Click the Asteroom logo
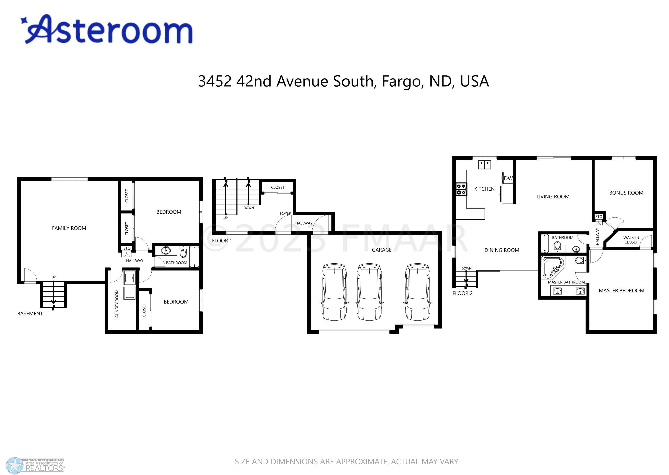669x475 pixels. pyautogui.click(x=107, y=29)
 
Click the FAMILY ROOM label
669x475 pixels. pyautogui.click(x=69, y=228)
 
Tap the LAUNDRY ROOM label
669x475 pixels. pyautogui.click(x=117, y=304)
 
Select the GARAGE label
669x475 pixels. pyautogui.click(x=382, y=250)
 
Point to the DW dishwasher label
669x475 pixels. pyautogui.click(x=508, y=178)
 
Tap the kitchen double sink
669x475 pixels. pyautogui.click(x=485, y=165)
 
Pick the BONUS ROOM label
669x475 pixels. pyautogui.click(x=626, y=193)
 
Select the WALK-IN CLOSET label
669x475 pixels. pyautogui.click(x=631, y=240)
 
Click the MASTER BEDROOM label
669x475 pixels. pyautogui.click(x=621, y=290)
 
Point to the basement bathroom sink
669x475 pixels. pyautogui.click(x=166, y=251)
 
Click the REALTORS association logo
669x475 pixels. pyautogui.click(x=35, y=465)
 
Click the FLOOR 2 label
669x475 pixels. pyautogui.click(x=463, y=293)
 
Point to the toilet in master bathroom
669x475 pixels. pyautogui.click(x=580, y=260)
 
